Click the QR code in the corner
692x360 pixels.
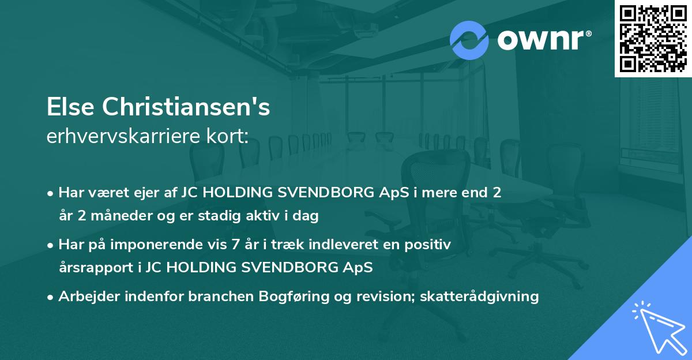(x=653, y=38)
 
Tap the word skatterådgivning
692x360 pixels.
(x=480, y=297)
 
